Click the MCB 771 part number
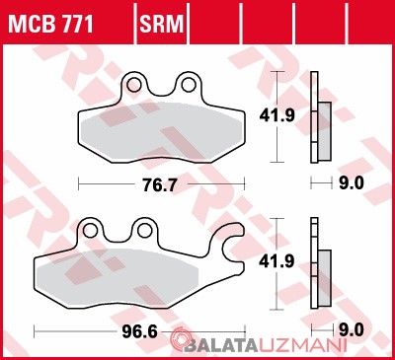[x=50, y=24]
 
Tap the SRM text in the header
[x=161, y=24]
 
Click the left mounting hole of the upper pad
[x=134, y=85]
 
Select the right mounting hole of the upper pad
[x=189, y=85]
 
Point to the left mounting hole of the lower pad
[x=90, y=231]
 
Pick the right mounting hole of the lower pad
[x=144, y=231]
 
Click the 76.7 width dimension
[x=159, y=186]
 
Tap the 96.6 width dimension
[x=139, y=332]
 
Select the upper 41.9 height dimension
[x=276, y=115]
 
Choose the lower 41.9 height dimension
[x=276, y=261]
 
